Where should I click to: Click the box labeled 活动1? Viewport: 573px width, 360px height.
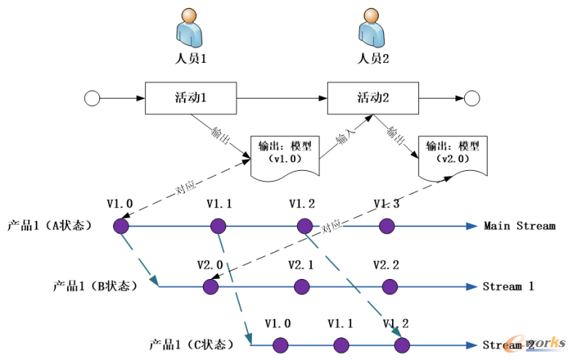coord(191,98)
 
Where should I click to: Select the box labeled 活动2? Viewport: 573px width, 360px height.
coord(373,98)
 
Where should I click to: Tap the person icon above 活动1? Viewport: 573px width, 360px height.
coord(189,28)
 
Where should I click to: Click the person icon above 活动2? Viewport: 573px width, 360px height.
coord(372,28)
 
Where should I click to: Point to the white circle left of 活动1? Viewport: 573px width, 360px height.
coord(92,99)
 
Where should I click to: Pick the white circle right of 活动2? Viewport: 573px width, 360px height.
coord(472,99)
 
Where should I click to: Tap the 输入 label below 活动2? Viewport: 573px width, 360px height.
coord(346,137)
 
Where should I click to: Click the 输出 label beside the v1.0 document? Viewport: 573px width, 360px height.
coord(220,136)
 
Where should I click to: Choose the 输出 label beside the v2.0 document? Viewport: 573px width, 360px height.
coord(396,136)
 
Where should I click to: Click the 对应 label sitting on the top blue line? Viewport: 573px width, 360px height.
coord(332,228)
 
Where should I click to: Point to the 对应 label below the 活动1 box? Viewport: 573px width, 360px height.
coord(185,188)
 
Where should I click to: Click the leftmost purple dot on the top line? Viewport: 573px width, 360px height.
coord(121,226)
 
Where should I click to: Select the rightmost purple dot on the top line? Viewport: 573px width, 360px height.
coord(387,226)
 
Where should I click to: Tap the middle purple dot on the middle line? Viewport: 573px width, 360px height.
coord(301,286)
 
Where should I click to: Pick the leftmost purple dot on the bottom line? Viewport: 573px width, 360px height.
coord(278,345)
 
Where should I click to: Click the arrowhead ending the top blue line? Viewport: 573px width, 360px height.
coord(472,226)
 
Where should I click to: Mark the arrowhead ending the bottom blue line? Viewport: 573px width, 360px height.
coord(472,345)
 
